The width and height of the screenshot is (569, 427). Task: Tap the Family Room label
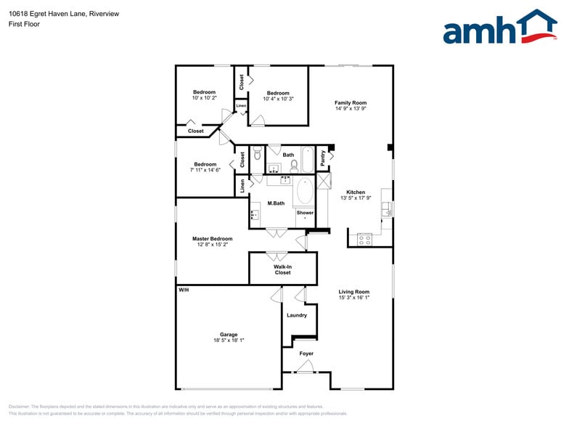pyautogui.click(x=351, y=102)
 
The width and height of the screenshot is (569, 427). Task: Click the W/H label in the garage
pyautogui.click(x=184, y=290)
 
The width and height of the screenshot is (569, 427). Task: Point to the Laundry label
pyautogui.click(x=297, y=315)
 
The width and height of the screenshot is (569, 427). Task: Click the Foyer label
pyautogui.click(x=307, y=354)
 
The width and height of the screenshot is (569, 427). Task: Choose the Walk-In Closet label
pyautogui.click(x=282, y=269)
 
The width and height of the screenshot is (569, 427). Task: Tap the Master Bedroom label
pyautogui.click(x=212, y=239)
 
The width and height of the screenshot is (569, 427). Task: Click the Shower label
pyautogui.click(x=305, y=213)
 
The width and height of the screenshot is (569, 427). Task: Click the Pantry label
pyautogui.click(x=323, y=158)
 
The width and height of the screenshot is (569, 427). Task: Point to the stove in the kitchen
pyautogui.click(x=364, y=238)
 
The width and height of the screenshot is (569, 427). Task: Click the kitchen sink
pyautogui.click(x=388, y=211)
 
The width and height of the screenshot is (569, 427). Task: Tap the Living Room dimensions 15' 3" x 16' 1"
pyautogui.click(x=354, y=298)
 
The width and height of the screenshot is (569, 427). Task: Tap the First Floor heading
pyautogui.click(x=24, y=24)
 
